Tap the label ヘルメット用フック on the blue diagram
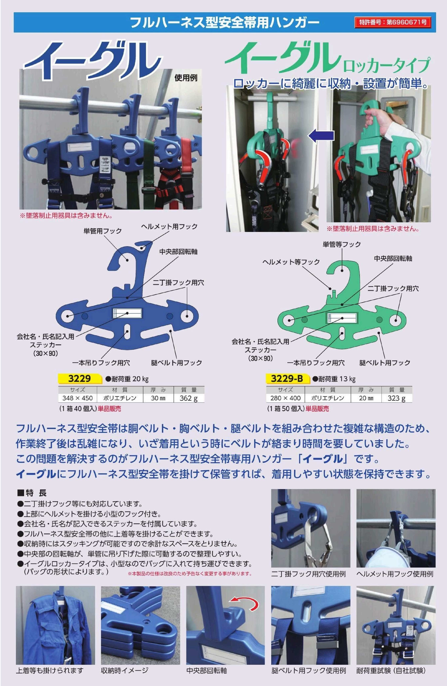tap(169, 227)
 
